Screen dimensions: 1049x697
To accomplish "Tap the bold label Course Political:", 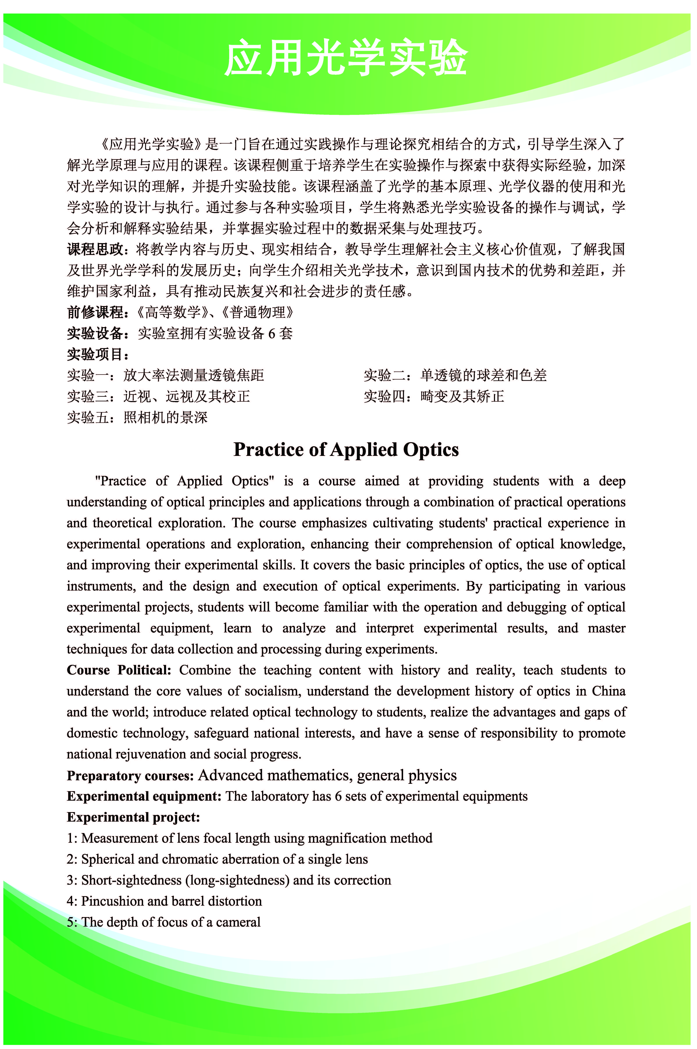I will pyautogui.click(x=119, y=670).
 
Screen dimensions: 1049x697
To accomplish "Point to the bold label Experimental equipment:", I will pyautogui.click(x=144, y=796).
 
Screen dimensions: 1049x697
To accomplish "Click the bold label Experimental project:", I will pyautogui.click(x=133, y=817).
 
